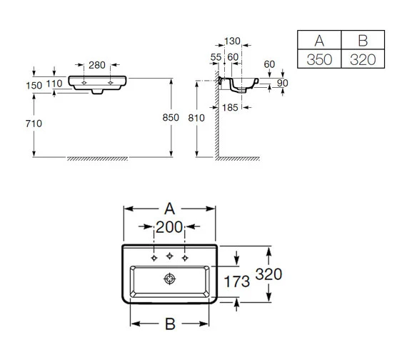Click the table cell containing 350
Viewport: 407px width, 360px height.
click(319, 59)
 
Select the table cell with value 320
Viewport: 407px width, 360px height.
click(363, 59)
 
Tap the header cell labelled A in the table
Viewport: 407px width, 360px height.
click(319, 40)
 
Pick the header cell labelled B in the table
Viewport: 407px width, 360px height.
click(363, 40)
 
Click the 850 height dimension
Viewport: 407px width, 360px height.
click(171, 118)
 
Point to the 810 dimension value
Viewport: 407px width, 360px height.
click(196, 118)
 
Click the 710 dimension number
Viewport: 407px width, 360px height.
click(34, 124)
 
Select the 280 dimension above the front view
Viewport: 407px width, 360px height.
click(97, 65)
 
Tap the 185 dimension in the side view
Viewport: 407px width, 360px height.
click(230, 108)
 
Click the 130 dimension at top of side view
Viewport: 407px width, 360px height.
click(232, 41)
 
